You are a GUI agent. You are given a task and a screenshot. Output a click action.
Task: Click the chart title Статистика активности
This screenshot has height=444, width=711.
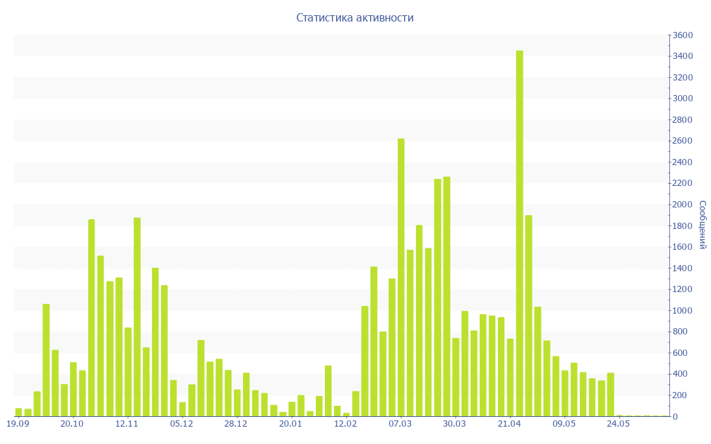point(355,17)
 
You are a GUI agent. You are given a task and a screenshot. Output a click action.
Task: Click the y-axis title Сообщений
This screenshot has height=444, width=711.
point(702,225)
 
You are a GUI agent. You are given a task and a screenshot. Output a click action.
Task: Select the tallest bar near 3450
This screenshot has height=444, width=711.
point(519,233)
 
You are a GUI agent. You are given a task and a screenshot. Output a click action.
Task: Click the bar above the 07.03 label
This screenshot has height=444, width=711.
point(401,277)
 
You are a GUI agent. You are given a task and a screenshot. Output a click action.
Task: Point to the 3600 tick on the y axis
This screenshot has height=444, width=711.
point(683,35)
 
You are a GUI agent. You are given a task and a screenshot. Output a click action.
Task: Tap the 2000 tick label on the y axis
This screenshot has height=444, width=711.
point(683,205)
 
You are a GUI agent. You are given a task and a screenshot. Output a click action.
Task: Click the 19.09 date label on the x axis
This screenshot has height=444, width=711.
point(17,424)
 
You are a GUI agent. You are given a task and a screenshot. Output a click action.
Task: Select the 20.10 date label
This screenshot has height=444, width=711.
point(72,424)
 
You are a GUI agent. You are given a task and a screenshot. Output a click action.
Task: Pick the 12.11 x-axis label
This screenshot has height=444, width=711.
point(127,424)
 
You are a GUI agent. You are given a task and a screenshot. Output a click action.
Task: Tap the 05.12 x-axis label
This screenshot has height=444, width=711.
point(181,424)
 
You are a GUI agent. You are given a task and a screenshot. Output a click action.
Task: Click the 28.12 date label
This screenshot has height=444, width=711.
point(236,424)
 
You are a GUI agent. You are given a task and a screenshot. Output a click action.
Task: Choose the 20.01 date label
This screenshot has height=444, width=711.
point(291,424)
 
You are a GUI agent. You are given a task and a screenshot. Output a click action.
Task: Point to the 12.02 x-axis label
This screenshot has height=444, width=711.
point(345,424)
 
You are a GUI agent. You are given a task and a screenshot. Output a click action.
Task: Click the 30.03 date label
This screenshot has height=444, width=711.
point(455,424)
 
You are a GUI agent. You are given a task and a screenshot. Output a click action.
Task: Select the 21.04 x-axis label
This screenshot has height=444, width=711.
point(510,424)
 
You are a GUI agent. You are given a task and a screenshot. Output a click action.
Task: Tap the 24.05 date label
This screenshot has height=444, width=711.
point(619,424)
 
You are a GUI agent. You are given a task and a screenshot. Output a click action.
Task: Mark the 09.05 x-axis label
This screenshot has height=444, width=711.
point(564,424)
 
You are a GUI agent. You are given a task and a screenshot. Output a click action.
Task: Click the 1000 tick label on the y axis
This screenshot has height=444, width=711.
point(683,311)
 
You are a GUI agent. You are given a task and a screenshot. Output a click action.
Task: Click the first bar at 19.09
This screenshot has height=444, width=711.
point(19,412)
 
